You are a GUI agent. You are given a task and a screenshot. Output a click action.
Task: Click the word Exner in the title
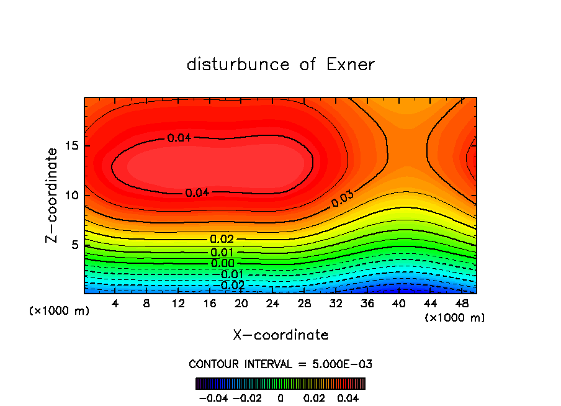(351, 65)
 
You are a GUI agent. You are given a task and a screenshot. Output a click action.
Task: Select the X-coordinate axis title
(280, 335)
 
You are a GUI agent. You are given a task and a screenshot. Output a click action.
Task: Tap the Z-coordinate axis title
(53, 195)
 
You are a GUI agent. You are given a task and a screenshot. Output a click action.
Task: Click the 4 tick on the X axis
(115, 304)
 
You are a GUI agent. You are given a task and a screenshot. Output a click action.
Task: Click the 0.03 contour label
(343, 199)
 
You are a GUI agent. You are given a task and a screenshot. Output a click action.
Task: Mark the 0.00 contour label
(222, 263)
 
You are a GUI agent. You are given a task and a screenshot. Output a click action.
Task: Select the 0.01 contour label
(222, 252)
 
